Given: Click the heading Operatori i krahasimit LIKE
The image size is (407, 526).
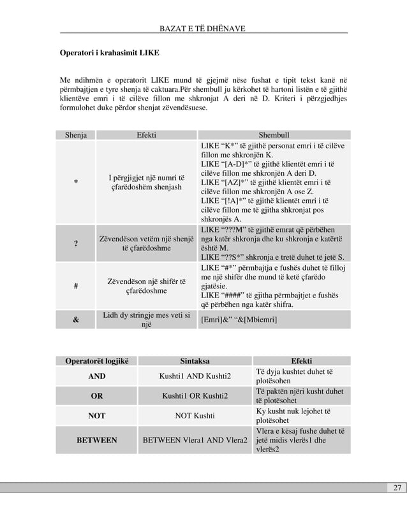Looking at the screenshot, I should [110, 51].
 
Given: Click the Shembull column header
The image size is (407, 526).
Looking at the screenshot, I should [274, 135].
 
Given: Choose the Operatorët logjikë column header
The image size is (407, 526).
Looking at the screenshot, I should [97, 361].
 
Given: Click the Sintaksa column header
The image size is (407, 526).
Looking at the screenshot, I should [196, 361].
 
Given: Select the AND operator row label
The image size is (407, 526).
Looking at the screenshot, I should [97, 376].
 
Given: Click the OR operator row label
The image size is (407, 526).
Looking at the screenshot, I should [97, 396].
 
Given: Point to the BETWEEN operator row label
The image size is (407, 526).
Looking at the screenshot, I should [97, 440].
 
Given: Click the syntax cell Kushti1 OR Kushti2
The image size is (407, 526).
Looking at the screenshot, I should [196, 396].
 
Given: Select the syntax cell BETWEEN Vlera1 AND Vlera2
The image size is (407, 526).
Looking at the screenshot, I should [196, 440].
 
